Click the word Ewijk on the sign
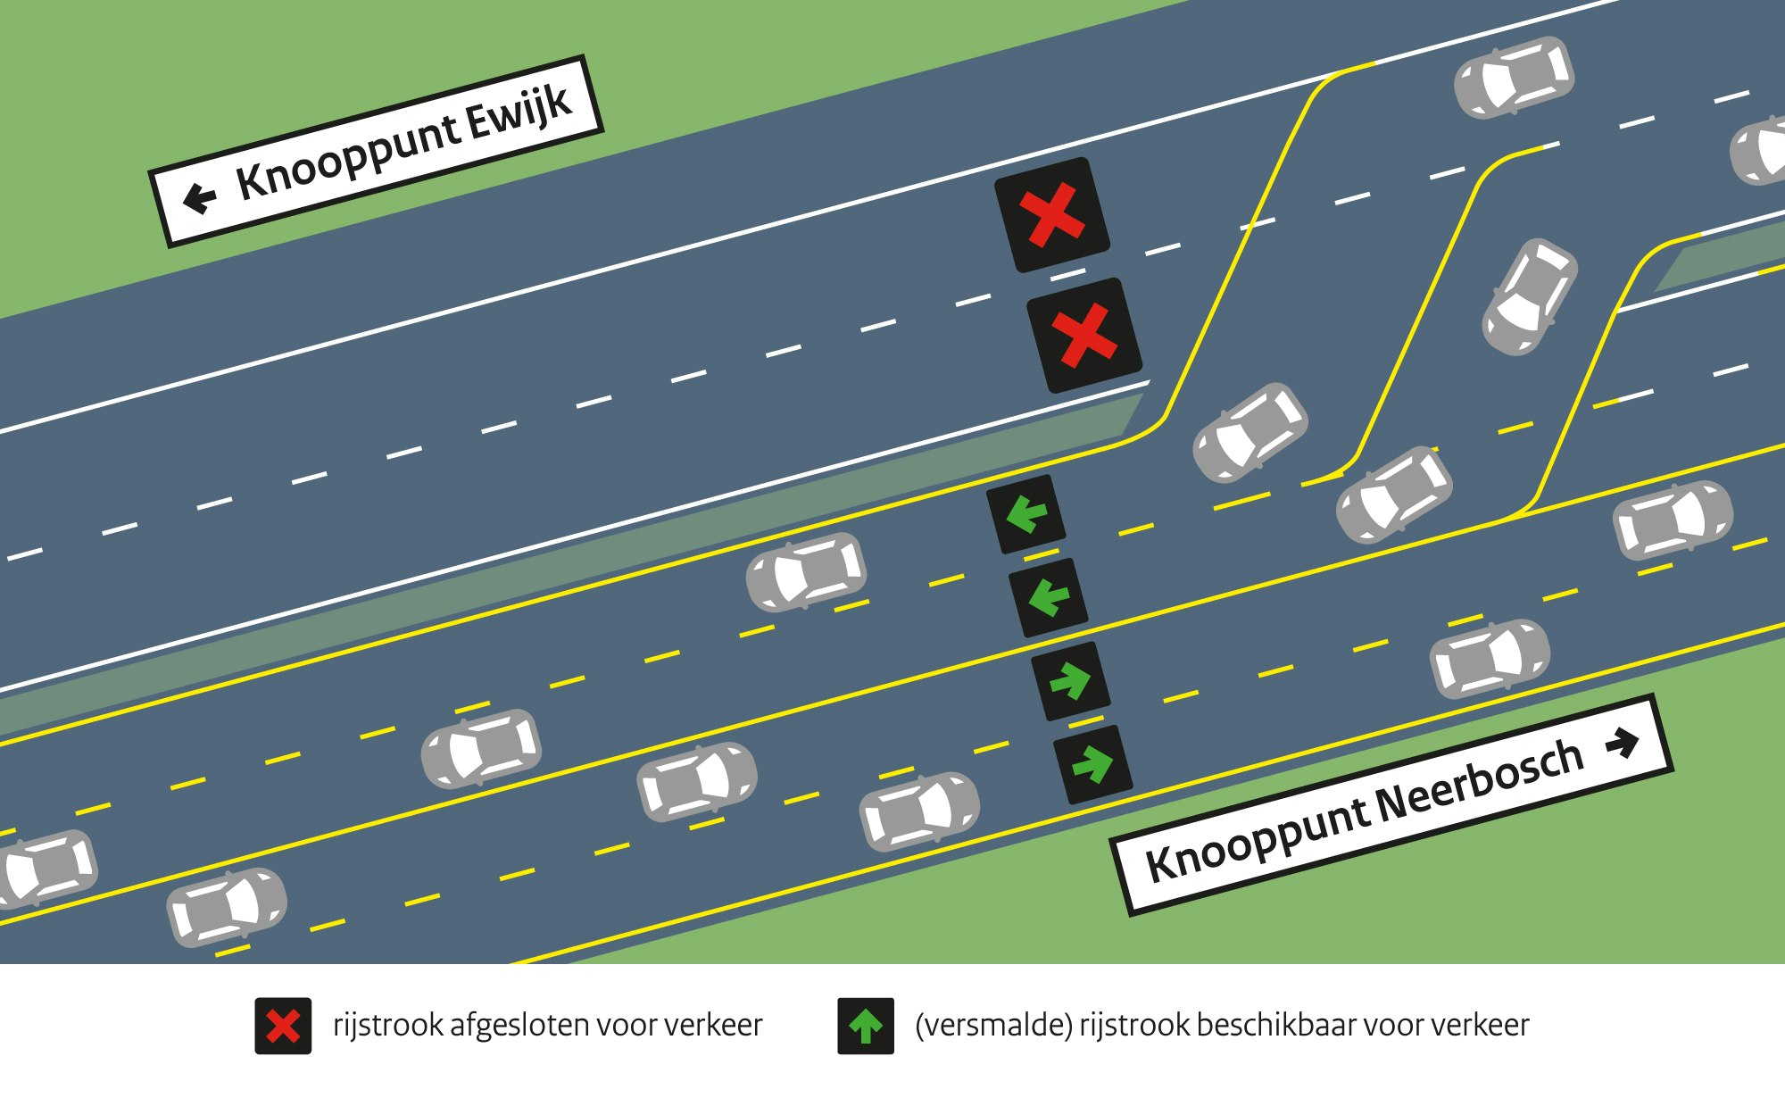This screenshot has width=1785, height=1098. click(519, 116)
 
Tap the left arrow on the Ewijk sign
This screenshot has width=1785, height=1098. click(199, 197)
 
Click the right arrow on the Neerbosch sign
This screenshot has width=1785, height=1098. click(1623, 743)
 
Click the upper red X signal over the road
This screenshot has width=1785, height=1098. click(1052, 215)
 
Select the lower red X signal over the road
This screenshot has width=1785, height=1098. click(1084, 336)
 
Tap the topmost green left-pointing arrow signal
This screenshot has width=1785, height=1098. click(1026, 514)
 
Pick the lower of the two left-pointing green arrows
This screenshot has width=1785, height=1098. click(1049, 598)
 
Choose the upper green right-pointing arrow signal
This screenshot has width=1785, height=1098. click(1071, 681)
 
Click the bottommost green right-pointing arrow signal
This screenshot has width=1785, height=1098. click(1093, 765)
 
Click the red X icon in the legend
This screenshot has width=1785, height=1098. click(283, 1026)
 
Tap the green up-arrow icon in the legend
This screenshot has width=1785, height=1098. click(866, 1026)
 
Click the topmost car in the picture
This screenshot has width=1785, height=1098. click(1515, 78)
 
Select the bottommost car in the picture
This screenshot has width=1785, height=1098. click(227, 907)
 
